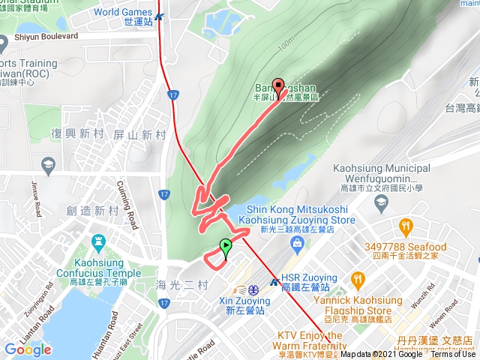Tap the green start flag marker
(x=226, y=246)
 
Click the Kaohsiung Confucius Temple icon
(x=98, y=242)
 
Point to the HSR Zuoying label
(x=305, y=282)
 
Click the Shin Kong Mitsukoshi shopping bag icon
(x=297, y=242)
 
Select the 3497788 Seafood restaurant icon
(x=406, y=225)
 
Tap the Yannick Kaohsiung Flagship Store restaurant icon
(x=358, y=280)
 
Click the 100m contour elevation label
(x=284, y=46)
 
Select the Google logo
(x=27, y=349)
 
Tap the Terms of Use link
(x=452, y=354)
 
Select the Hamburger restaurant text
(x=419, y=350)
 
